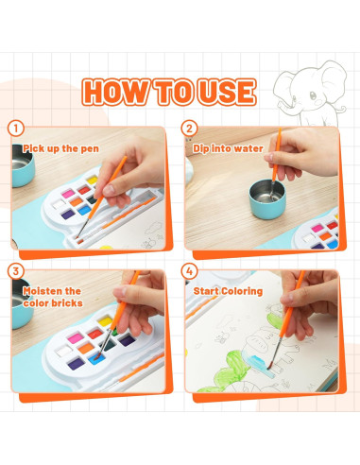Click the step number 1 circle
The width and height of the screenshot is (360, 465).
pyautogui.click(x=16, y=129)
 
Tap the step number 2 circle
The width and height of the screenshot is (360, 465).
pyautogui.click(x=189, y=129)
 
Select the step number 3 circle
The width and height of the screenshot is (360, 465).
pyautogui.click(x=16, y=271)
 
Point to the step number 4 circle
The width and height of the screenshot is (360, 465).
pyautogui.click(x=189, y=271)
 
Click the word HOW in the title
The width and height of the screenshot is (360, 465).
pyautogui.click(x=116, y=92)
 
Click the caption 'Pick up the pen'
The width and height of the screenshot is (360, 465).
pyautogui.click(x=60, y=148)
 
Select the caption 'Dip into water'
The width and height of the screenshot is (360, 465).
pyautogui.click(x=228, y=148)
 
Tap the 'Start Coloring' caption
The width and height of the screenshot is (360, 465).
pyautogui.click(x=228, y=291)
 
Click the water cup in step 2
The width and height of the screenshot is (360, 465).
pyautogui.click(x=267, y=199)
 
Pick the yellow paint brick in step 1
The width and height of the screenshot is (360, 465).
pyautogui.click(x=93, y=181)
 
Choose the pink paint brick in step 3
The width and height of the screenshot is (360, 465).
pyautogui.click(x=76, y=338)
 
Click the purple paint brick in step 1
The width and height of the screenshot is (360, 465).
pyautogui.click(x=68, y=215)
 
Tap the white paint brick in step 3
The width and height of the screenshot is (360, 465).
pyautogui.click(x=64, y=351)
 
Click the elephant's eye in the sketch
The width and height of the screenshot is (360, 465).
pyautogui.click(x=313, y=95)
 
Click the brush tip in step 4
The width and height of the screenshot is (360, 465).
pyautogui.click(x=270, y=367)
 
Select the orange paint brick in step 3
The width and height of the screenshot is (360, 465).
pyautogui.click(x=86, y=348)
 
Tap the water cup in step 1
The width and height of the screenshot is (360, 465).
pyautogui.click(x=22, y=165)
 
